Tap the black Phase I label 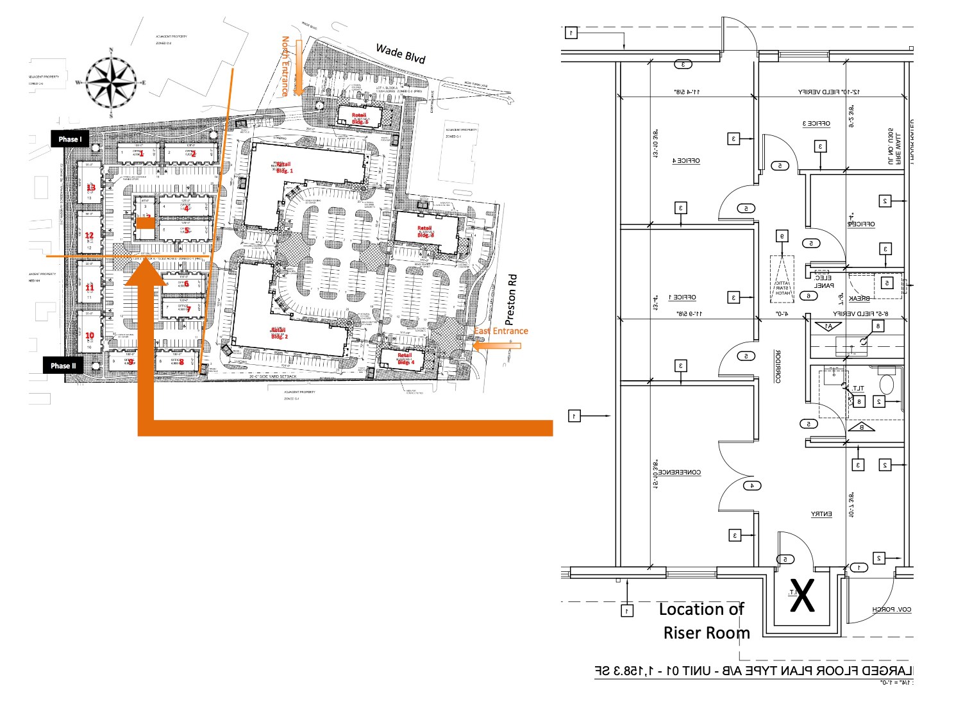70,139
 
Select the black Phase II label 63,365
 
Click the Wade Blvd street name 400,54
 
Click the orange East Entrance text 501,331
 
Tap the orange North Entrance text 285,67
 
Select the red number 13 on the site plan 90,187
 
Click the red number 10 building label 90,335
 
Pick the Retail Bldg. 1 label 283,168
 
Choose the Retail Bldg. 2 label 280,333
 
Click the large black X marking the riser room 802,596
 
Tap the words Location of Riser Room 704,621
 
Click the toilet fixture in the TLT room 887,385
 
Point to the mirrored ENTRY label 821,514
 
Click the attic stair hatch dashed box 782,280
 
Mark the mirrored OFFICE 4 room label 685,160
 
